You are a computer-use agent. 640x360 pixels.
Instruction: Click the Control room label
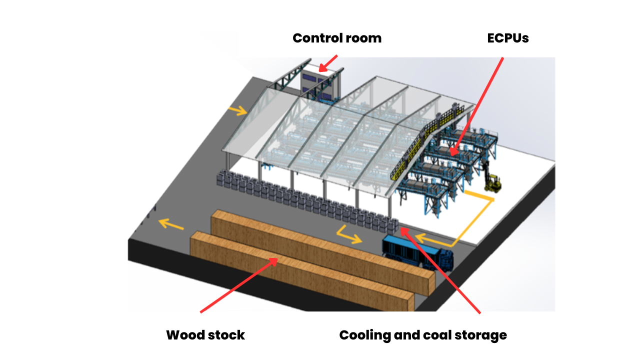(x=336, y=38)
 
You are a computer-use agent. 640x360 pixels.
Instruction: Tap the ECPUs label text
(x=507, y=38)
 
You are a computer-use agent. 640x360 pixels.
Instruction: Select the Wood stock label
(x=205, y=335)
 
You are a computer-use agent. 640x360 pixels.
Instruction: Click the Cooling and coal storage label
(x=422, y=335)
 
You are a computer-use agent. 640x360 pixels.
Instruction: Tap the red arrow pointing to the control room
(x=328, y=63)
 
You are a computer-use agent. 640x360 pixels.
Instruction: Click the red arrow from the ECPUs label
(x=477, y=105)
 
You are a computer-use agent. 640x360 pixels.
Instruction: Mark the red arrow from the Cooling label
(x=440, y=270)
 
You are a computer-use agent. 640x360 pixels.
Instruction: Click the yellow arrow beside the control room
(x=237, y=109)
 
